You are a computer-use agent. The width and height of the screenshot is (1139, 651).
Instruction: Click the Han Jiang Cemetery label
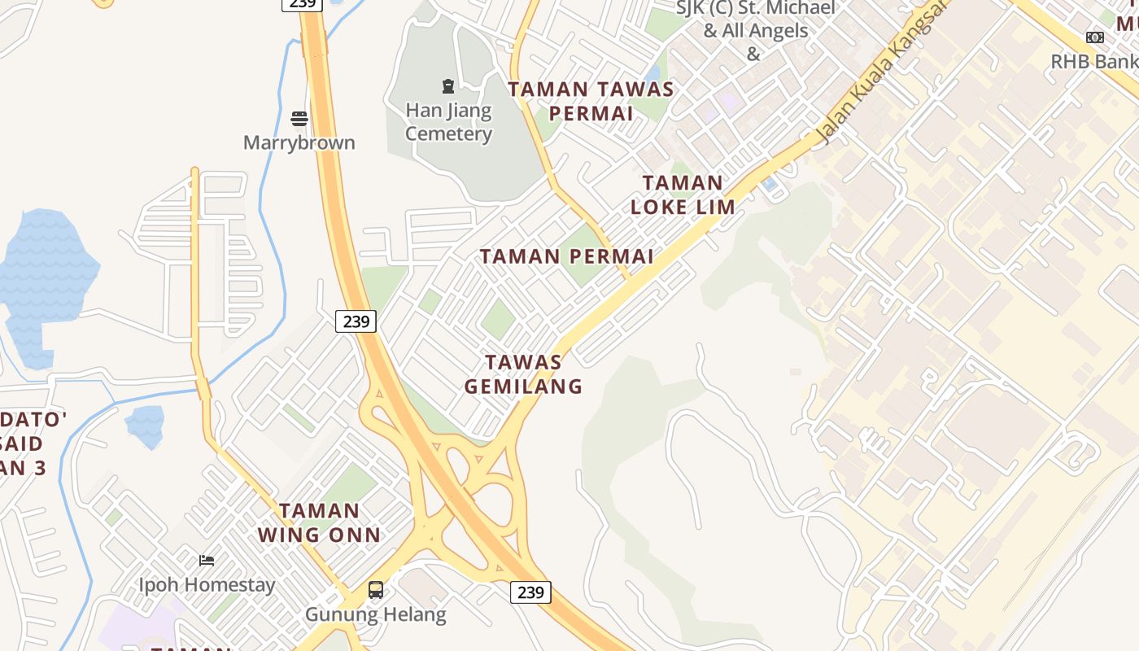[x=448, y=122]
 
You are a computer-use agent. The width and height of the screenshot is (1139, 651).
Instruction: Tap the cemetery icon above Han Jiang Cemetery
[x=447, y=85]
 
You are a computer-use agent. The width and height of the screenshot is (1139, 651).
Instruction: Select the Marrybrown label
[x=299, y=143]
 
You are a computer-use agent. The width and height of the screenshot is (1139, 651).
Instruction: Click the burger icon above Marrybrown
[x=299, y=119]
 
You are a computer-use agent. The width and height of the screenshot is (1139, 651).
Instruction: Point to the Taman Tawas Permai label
[x=591, y=101]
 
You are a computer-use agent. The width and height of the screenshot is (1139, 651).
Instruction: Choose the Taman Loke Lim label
[x=683, y=194]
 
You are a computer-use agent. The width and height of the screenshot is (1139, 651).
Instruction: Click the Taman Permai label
[x=566, y=257]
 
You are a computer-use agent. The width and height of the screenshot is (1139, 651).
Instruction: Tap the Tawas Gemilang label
[x=524, y=374]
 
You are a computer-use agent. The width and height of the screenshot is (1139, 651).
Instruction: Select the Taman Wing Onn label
[x=320, y=522]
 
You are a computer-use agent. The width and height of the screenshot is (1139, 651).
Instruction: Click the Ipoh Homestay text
[x=207, y=584]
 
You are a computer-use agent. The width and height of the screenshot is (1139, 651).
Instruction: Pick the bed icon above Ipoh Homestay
[x=207, y=560]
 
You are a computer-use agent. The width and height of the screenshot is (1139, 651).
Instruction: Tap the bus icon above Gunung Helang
[x=376, y=590]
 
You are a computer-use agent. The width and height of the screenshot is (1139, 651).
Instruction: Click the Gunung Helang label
[x=376, y=614]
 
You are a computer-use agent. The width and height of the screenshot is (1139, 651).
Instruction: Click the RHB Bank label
[x=1094, y=62]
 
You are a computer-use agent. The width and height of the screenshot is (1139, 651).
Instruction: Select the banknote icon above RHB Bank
[x=1095, y=37]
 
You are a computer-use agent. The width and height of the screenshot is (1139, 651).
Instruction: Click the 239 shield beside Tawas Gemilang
[x=356, y=321]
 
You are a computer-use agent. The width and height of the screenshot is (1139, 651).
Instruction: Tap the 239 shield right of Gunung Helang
[x=530, y=592]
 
